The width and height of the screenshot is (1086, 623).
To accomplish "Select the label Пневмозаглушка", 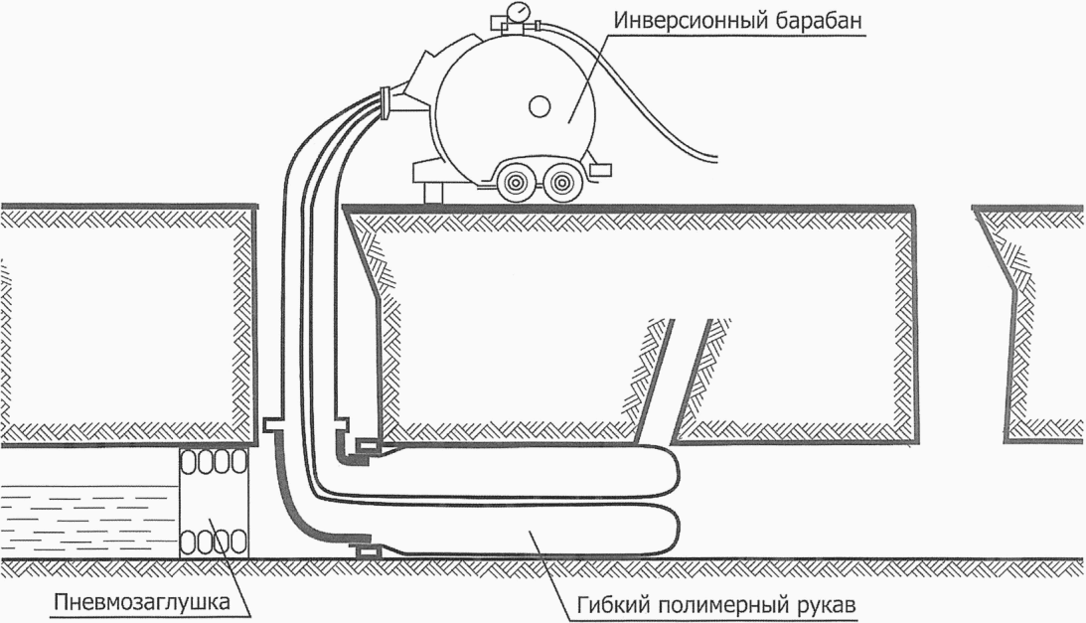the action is point(141,601).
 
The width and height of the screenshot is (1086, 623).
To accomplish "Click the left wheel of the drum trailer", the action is point(516,182).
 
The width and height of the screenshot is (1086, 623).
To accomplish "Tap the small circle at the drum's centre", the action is point(539,106).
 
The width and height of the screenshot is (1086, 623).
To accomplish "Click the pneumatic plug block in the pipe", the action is point(214,503).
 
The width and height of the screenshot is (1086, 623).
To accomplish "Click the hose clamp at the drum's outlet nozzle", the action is point(386,102).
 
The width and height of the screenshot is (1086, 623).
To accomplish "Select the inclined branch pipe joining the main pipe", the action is point(675,381).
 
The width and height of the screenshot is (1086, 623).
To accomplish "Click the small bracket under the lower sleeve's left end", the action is point(368,550).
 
